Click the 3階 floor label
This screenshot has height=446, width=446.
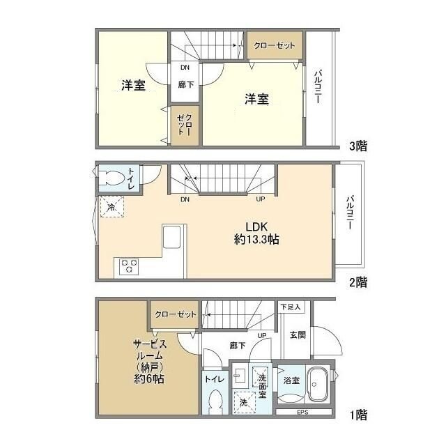coord(358,146)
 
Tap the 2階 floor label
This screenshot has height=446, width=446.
coord(358,282)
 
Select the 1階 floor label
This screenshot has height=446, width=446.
coord(358,415)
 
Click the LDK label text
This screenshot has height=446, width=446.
coord(256,226)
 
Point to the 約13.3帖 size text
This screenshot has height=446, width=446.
coord(256,240)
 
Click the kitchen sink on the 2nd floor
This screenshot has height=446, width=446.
coord(171,237)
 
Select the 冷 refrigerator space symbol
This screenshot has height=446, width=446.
coord(111,207)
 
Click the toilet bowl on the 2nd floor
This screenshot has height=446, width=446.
coord(111,178)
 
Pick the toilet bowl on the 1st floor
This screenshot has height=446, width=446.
coord(215,402)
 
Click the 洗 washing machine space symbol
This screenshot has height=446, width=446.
coord(243,403)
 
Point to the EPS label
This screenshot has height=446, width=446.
coord(302,412)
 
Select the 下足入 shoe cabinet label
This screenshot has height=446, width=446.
coord(291,307)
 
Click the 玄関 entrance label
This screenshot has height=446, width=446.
coord(298,334)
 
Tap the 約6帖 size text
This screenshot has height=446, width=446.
coord(148,379)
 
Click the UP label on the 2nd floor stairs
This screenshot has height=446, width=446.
coord(261,199)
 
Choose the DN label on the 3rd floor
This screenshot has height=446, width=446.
coord(185,68)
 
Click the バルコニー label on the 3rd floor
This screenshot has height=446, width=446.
coord(318,86)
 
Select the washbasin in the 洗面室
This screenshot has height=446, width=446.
coord(238,377)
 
